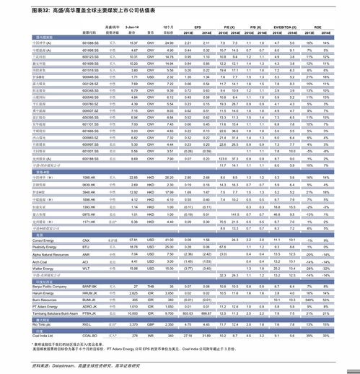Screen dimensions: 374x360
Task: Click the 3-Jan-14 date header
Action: click(133, 26)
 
